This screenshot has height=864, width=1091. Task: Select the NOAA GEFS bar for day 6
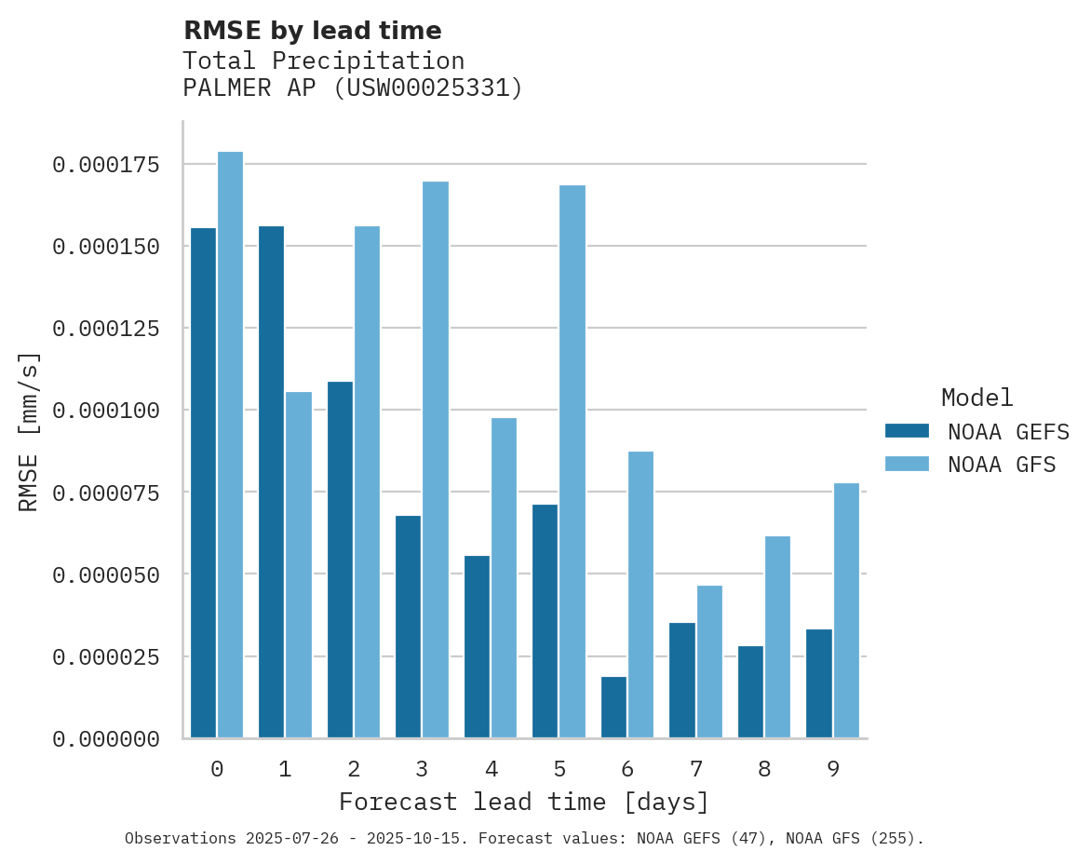tap(613, 708)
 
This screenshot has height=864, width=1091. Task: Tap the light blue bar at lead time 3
tap(436, 460)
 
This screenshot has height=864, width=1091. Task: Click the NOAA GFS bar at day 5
tap(572, 462)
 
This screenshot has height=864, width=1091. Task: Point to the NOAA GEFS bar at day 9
tap(819, 683)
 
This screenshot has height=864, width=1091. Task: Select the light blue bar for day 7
tap(709, 662)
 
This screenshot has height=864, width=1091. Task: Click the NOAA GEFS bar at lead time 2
tap(340, 560)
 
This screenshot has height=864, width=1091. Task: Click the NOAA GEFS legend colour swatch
tap(907, 431)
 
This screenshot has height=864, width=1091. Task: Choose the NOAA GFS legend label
tap(1002, 465)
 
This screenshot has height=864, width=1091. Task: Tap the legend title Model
tap(977, 398)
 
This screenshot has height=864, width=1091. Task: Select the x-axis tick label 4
tap(491, 769)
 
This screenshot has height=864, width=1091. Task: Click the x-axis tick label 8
tap(764, 769)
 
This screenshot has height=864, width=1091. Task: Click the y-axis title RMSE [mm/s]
tap(29, 431)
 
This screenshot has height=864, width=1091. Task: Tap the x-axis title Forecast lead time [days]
tap(524, 802)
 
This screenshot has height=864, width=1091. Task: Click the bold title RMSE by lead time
tap(312, 31)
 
